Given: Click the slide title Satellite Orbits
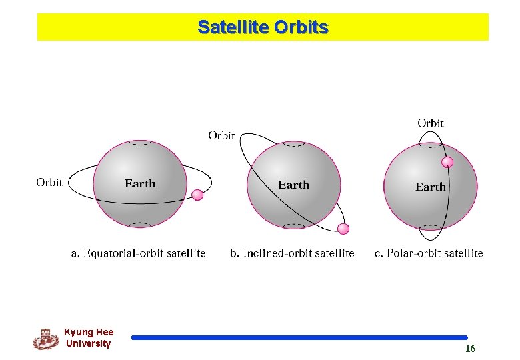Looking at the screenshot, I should (263, 27).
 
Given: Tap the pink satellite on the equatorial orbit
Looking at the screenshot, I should (197, 195).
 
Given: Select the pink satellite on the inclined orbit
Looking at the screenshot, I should (343, 229).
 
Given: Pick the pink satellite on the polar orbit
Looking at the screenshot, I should (447, 162).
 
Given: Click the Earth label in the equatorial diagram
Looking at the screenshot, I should (140, 184).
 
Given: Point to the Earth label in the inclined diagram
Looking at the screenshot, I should (293, 185).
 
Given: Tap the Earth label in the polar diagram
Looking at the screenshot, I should (430, 187).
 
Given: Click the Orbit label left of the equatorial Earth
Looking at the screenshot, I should (49, 182).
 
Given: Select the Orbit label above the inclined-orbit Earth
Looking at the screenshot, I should (221, 135).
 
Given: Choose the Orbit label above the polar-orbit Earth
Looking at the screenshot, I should (430, 123).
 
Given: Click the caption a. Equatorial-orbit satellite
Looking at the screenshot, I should (138, 253).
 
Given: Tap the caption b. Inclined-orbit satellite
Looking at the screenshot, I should (292, 253).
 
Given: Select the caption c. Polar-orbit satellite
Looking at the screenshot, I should (428, 253).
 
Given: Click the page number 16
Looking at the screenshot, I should (470, 349).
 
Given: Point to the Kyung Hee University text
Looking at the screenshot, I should (89, 338).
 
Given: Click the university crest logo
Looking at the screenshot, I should (45, 339).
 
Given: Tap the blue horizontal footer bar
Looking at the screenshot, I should (299, 338).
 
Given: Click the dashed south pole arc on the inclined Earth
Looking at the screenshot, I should (293, 225).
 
